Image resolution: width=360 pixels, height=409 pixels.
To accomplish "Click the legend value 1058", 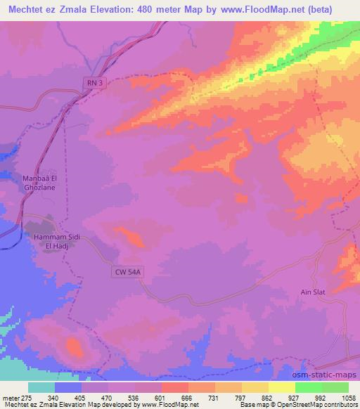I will (347, 397).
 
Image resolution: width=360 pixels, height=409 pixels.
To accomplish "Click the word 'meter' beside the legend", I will (7, 397).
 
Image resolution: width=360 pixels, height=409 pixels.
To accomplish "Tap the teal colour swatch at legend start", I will (41, 387).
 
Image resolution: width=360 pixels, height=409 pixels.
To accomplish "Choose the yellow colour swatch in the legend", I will (281, 387).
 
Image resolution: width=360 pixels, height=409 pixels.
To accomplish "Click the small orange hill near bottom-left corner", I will (74, 345).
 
